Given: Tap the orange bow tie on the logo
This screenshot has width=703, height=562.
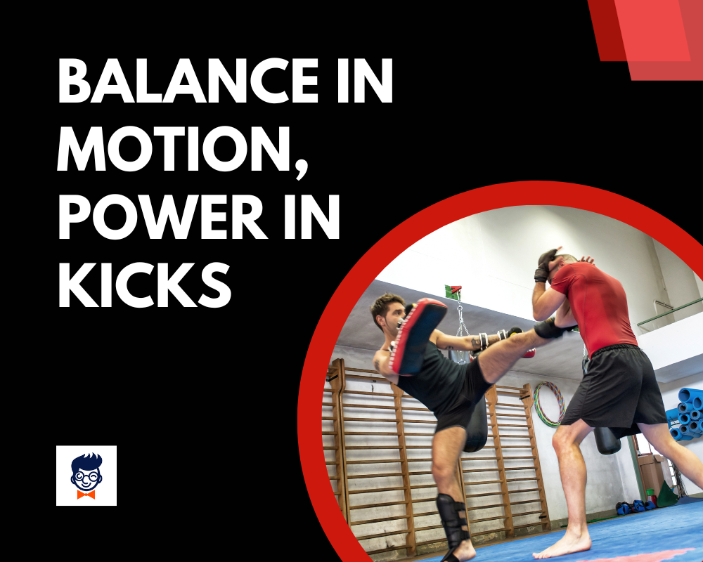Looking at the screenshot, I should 86,494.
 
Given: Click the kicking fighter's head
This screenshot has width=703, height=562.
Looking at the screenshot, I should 386,313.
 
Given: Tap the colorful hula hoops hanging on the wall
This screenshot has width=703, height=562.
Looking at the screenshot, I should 548,404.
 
